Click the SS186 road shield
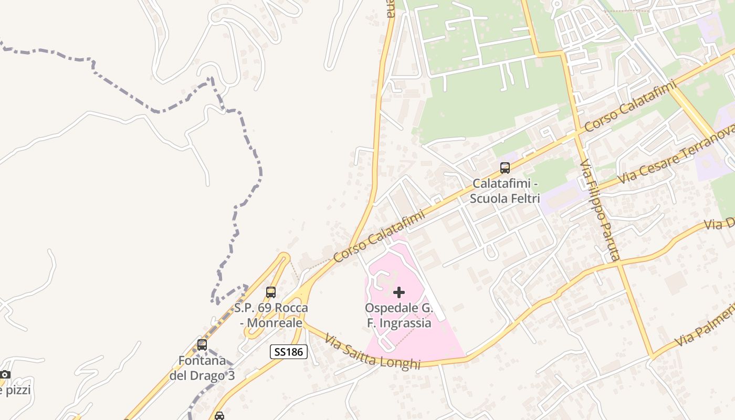pyautogui.click(x=288, y=351)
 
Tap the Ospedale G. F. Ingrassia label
pyautogui.click(x=399, y=316)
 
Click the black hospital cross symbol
pyautogui.click(x=399, y=292)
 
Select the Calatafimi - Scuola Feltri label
pyautogui.click(x=505, y=191)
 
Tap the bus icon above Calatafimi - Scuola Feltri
pyautogui.click(x=505, y=168)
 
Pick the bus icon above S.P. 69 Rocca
pyautogui.click(x=271, y=292)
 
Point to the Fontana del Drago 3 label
pyautogui.click(x=202, y=368)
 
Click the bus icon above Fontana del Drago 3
pyautogui.click(x=202, y=345)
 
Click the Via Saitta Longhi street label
pyautogui.click(x=372, y=352)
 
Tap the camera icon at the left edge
pyautogui.click(x=5, y=374)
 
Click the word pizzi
pyautogui.click(x=17, y=391)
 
